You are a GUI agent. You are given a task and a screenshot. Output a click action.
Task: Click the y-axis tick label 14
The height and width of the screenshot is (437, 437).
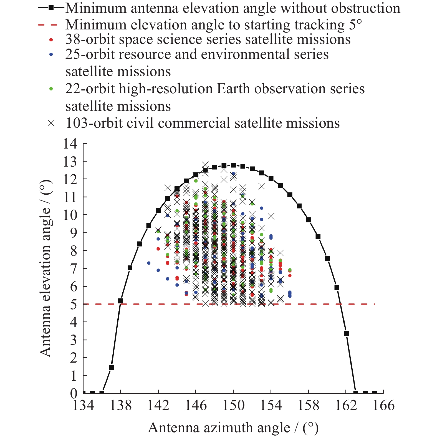coord(70,144)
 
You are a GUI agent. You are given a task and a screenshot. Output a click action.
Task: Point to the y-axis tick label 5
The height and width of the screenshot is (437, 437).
coord(74,305)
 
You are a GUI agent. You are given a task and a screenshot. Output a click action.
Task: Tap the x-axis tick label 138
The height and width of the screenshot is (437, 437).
coord(120,406)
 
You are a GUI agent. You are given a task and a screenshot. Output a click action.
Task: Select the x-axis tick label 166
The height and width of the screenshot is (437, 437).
coord(383,406)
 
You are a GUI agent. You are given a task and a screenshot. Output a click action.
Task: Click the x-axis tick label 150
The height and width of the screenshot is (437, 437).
coord(233,406)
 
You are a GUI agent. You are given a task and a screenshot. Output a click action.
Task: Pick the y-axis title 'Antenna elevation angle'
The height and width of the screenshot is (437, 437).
coord(46,268)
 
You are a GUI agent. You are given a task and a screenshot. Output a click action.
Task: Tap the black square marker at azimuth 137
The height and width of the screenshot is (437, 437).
coord(111,367)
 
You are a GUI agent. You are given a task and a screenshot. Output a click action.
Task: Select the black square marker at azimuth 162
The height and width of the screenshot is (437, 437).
coord(346,333)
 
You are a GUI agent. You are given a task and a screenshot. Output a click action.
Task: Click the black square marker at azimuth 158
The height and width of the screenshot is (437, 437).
coord(309,220)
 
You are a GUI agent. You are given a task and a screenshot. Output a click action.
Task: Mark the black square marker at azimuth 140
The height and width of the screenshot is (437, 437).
coord(139,244)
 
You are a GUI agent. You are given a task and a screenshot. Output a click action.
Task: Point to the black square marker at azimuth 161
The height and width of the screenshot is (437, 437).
coord(337,287)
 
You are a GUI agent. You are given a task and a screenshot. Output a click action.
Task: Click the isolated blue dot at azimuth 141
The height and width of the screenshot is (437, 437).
coord(149,263)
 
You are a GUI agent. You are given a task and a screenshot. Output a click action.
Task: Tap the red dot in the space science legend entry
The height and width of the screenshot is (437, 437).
coord(51,40)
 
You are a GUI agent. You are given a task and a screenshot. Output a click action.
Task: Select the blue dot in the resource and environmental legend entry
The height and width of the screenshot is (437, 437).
coord(51,55)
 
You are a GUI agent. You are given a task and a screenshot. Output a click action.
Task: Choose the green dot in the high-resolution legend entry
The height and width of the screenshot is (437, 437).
coord(51,89)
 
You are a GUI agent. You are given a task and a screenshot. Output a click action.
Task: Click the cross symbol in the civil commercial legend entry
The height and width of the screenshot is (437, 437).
coord(51,123)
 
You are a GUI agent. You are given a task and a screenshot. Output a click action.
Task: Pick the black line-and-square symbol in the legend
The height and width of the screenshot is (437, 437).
coord(51,8)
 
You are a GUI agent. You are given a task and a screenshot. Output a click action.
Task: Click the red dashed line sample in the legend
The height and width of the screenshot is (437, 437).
coord(48,25)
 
